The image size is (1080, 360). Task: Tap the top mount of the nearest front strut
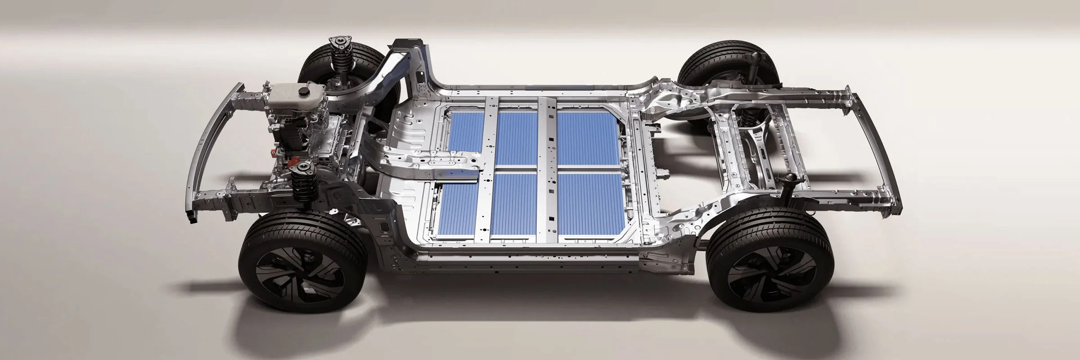click(x=303, y=170)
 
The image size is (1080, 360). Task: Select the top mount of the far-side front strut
click(x=339, y=44)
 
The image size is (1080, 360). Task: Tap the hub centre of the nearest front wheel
click(x=287, y=273)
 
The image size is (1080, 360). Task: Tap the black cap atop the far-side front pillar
click(x=407, y=44)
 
